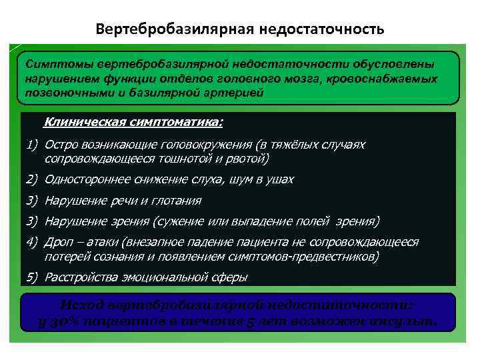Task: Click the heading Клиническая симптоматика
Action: [x=133, y=122]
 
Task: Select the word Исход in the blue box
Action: [x=81, y=305]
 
